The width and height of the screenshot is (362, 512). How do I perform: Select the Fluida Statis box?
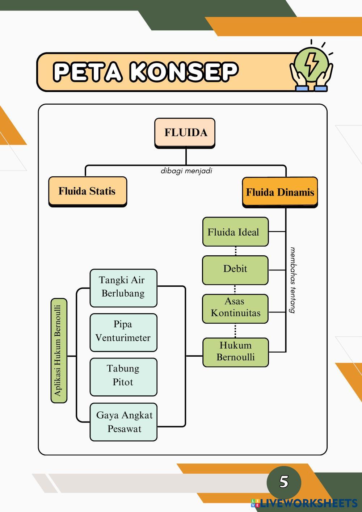point(88,191)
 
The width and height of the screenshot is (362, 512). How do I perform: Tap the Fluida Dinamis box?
point(280,192)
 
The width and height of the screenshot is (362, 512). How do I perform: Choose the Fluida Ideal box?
point(235,232)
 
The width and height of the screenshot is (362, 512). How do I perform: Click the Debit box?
point(235,270)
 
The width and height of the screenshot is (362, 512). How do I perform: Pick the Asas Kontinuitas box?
point(235,308)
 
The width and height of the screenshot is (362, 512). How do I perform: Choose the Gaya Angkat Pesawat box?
point(123,422)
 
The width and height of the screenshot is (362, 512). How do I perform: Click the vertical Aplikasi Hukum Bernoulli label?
point(59,351)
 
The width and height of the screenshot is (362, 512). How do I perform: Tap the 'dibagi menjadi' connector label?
point(186,171)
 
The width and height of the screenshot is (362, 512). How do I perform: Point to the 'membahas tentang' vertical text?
point(293,280)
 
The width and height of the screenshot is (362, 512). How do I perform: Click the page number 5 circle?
point(284,482)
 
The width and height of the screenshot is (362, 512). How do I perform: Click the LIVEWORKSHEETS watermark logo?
point(304,503)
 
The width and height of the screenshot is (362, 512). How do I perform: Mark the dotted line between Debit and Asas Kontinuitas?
point(235,289)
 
